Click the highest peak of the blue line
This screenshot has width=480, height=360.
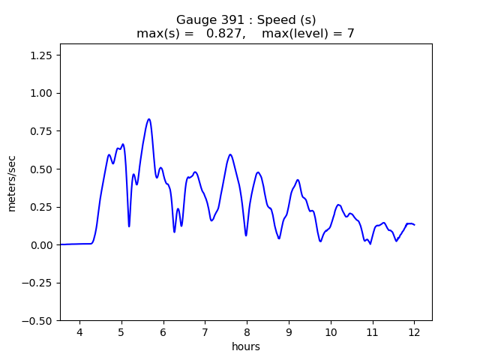(149, 119)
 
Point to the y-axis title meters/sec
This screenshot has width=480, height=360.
(12, 182)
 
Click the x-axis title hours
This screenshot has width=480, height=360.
(245, 346)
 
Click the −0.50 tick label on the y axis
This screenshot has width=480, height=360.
(38, 321)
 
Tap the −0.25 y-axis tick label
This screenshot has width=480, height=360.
(38, 283)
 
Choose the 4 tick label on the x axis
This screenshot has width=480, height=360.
(79, 332)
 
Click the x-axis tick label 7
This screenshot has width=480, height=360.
(205, 332)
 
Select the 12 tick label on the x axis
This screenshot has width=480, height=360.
(414, 332)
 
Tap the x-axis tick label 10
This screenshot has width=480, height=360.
(330, 332)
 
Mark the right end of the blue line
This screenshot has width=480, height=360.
(414, 225)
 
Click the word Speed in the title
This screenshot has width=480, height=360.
(268, 19)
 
